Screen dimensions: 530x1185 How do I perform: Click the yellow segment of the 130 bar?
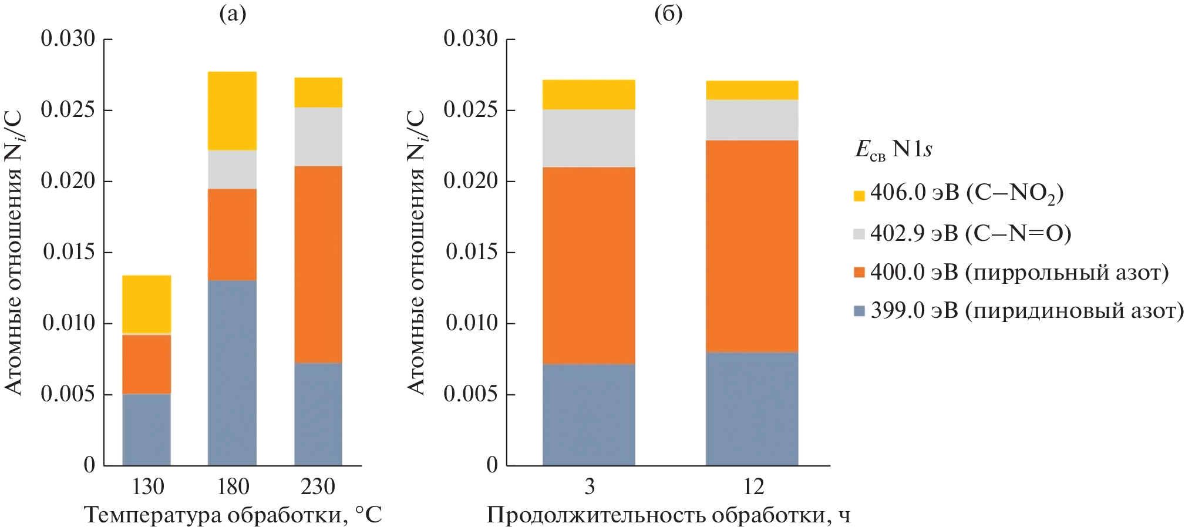point(147,304)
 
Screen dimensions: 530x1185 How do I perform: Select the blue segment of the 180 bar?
point(233,373)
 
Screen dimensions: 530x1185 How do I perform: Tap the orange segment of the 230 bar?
point(318,264)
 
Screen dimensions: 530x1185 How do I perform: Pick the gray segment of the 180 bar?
point(233,169)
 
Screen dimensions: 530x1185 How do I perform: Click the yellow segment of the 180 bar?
point(233,110)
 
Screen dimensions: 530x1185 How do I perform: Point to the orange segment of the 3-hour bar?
point(588,266)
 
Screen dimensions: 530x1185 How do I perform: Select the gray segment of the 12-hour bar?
point(752,120)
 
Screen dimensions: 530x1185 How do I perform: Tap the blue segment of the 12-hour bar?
point(752,408)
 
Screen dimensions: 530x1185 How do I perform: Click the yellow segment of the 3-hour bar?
point(588,95)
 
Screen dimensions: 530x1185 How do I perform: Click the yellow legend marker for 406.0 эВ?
point(859,196)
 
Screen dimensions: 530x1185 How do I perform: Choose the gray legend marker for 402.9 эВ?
point(859,234)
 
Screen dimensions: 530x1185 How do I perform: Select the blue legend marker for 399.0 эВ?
point(859,311)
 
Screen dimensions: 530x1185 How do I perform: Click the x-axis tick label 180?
point(233,487)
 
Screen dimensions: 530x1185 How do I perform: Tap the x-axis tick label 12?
point(753,487)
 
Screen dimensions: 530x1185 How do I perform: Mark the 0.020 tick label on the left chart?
point(68,181)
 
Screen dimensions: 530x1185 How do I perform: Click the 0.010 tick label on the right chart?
point(472,323)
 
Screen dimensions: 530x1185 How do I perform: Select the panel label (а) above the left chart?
point(233,14)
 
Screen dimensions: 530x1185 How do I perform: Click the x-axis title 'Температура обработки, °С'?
point(233,515)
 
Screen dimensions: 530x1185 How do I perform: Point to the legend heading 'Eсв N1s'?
point(893,150)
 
